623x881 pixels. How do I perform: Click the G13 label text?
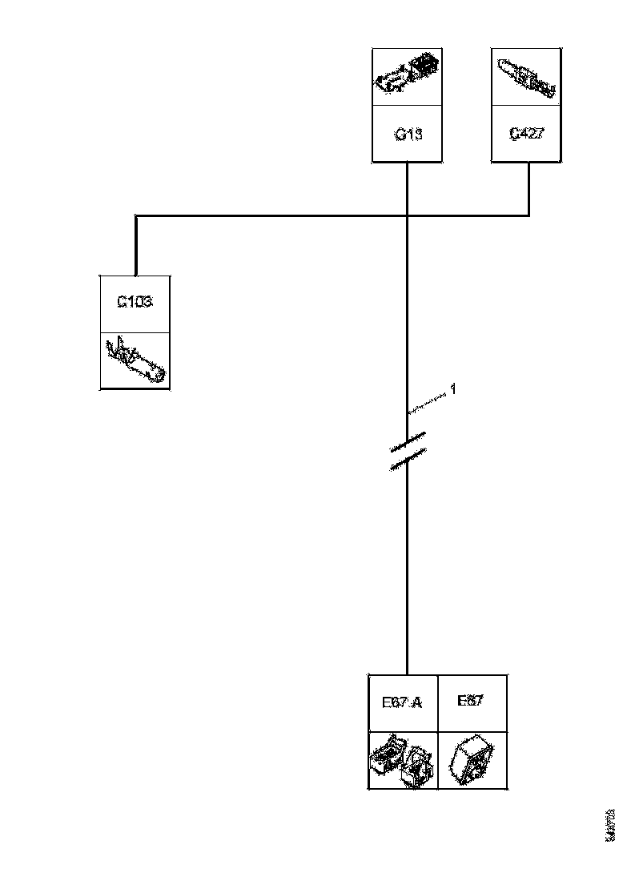pyautogui.click(x=408, y=134)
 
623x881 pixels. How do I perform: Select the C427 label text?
pyautogui.click(x=527, y=133)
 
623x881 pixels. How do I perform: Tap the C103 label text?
pyautogui.click(x=135, y=302)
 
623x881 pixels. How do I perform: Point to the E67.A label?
pyautogui.click(x=402, y=702)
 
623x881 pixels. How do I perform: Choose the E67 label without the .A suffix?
pyautogui.click(x=469, y=701)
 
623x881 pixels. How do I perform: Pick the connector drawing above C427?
pyautogui.click(x=526, y=76)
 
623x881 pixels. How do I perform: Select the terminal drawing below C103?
pyautogui.click(x=135, y=360)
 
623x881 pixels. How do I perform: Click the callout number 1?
pyautogui.click(x=452, y=389)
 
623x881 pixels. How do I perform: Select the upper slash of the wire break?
pyautogui.click(x=408, y=440)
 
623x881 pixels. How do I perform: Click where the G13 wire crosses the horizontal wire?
pyautogui.click(x=408, y=215)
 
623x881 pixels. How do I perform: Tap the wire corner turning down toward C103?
pyautogui.click(x=136, y=216)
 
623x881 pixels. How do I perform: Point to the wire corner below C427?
pyautogui.click(x=529, y=215)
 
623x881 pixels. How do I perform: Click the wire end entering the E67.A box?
pyautogui.click(x=408, y=674)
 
